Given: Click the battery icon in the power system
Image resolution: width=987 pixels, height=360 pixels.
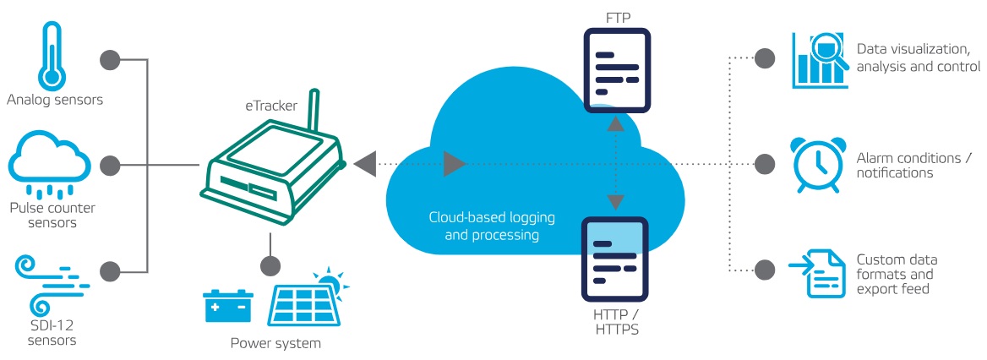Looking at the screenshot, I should coord(228,305).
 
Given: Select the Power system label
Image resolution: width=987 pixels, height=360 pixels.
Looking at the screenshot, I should coord(275,344).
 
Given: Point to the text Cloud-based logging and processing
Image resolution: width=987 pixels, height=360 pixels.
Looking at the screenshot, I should coord(491,226).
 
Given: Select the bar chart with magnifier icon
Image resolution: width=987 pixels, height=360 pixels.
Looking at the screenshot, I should coord(819,59).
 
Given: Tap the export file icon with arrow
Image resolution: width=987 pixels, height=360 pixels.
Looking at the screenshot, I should coord(816,272).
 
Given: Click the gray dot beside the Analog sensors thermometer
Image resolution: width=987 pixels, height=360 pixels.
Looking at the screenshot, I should coord(109,59).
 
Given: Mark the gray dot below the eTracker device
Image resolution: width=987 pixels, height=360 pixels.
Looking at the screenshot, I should coord(270,265).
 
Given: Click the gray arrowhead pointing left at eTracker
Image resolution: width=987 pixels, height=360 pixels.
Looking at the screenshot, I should coord(366,164).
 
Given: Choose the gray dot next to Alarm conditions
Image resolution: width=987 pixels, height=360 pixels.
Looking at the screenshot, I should coord(764,164).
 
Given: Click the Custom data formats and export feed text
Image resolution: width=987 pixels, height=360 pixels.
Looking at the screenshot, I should coord(896,274).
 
